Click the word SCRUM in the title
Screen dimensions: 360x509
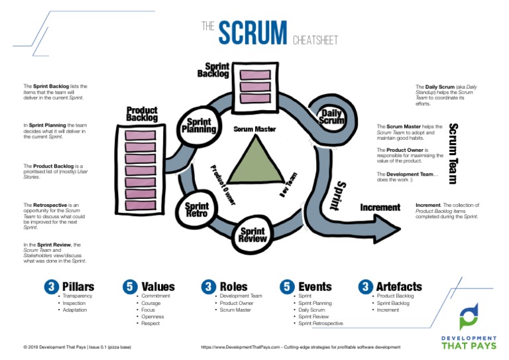click(x=253, y=32)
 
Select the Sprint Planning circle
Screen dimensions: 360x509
click(x=199, y=125)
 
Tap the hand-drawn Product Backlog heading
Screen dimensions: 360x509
click(x=142, y=114)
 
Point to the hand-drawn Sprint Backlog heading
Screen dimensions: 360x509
click(x=213, y=70)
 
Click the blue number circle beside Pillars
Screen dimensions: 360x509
click(x=50, y=286)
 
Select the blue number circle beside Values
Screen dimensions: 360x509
click(x=129, y=286)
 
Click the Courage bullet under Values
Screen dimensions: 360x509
click(x=151, y=303)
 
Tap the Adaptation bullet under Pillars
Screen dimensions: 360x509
click(x=76, y=310)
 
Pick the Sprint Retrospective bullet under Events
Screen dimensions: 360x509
click(x=321, y=324)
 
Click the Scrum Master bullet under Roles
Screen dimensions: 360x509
click(x=237, y=310)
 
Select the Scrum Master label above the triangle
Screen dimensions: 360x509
click(x=254, y=129)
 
